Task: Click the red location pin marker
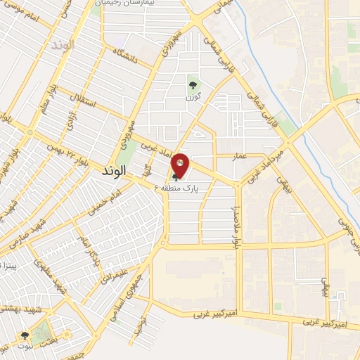181,164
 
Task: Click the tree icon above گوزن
192,84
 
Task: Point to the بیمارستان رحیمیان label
139,4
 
